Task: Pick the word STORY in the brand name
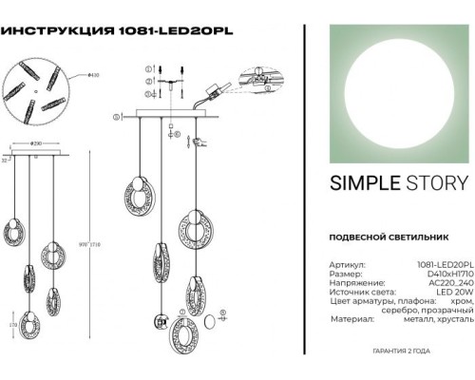434,183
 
